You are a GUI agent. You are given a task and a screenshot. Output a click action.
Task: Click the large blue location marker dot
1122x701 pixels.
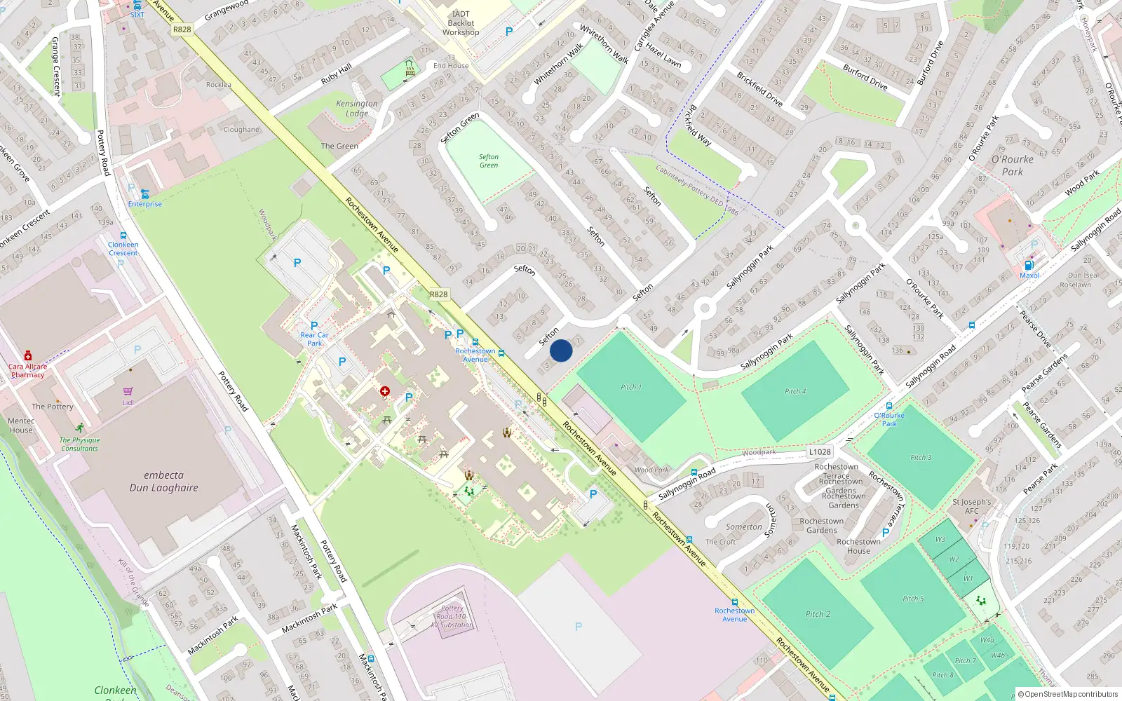(561, 350)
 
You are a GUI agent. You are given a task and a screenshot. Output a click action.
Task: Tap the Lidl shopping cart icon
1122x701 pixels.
(128, 392)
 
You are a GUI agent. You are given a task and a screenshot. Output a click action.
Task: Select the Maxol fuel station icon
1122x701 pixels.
(1029, 266)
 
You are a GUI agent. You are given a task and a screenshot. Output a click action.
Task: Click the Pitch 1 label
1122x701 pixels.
(630, 387)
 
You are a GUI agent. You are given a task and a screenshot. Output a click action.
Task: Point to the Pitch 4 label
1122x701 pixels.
(795, 391)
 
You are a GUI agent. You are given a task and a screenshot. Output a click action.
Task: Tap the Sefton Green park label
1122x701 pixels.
(489, 161)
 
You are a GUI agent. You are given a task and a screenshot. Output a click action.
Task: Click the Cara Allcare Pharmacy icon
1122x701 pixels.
(28, 356)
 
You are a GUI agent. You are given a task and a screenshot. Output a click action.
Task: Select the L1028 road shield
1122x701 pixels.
(819, 452)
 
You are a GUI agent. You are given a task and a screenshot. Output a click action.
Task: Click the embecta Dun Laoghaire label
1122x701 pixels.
(163, 482)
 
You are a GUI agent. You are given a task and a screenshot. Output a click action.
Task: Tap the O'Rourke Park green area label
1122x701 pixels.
(1012, 165)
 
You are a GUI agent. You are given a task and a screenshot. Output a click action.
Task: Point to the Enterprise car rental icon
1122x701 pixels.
(144, 194)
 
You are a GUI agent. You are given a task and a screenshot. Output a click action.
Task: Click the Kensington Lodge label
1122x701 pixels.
(356, 109)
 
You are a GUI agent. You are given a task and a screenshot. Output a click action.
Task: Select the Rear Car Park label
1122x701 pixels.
(314, 339)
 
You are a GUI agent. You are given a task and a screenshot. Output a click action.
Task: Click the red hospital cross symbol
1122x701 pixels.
(384, 391)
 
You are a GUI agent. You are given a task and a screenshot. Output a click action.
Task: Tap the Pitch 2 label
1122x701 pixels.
(818, 614)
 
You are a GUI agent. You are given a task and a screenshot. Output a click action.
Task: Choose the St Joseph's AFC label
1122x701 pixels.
(971, 506)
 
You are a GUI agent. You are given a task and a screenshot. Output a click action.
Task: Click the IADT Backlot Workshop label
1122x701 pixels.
(461, 23)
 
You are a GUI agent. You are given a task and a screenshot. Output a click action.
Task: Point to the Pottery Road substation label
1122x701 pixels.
(452, 617)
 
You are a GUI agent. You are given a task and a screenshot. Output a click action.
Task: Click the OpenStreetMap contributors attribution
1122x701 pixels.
(1067, 695)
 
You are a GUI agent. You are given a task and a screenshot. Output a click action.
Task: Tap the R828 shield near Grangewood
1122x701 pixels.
(182, 29)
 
